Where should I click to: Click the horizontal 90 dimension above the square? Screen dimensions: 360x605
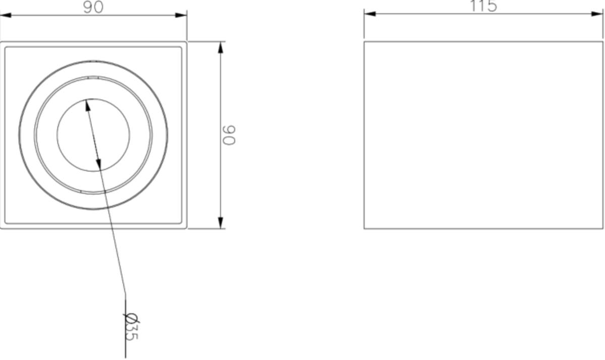93,7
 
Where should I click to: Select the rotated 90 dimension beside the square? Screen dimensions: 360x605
230,135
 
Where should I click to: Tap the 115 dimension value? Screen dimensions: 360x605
483,6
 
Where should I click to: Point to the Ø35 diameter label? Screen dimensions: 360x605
131,327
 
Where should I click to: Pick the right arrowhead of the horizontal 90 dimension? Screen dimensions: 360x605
181,15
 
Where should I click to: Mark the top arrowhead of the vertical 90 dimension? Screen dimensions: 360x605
221,47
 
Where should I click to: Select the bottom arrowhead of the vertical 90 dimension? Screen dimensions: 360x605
221,222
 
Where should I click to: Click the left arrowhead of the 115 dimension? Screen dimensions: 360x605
370,14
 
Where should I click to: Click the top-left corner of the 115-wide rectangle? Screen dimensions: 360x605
364,42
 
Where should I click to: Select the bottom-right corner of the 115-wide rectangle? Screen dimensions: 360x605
603,228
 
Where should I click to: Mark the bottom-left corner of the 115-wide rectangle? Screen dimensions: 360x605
364,228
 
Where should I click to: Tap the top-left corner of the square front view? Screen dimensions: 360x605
1,42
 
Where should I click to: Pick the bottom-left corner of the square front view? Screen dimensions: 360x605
1,228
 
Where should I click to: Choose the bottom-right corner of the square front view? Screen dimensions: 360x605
187,228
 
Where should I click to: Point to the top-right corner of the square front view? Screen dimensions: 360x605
187,42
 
